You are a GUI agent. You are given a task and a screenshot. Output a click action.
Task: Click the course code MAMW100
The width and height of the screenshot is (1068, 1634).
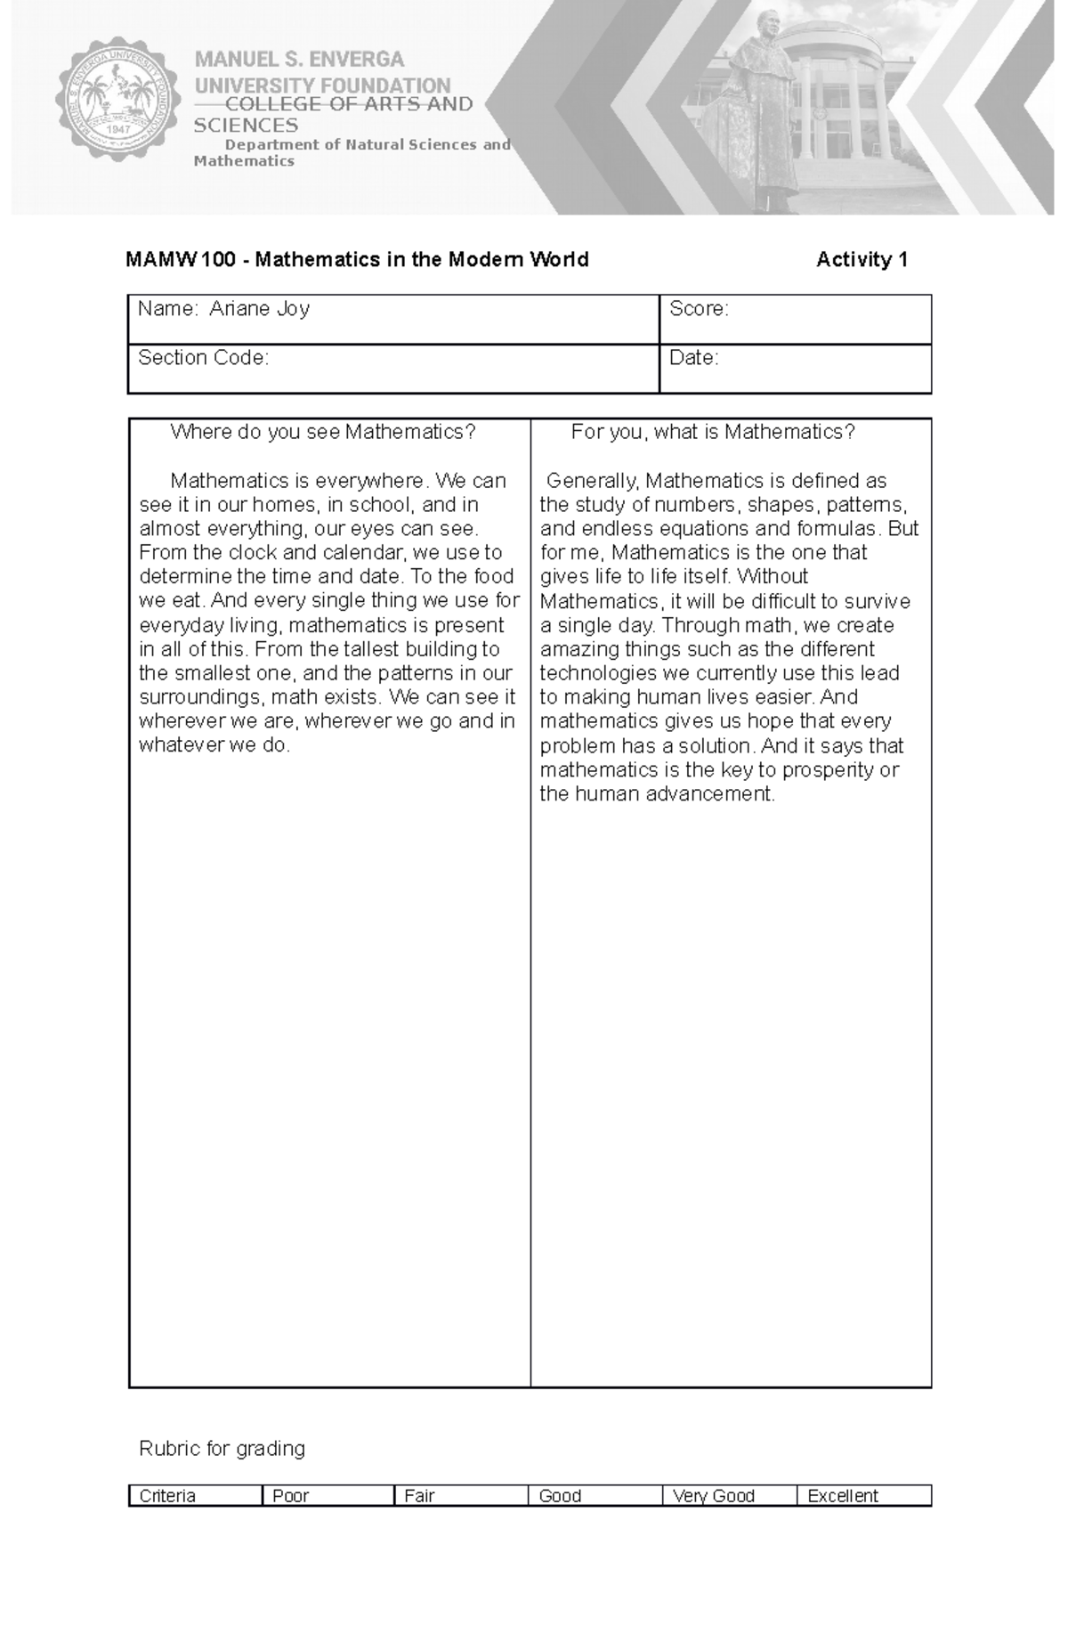tap(181, 259)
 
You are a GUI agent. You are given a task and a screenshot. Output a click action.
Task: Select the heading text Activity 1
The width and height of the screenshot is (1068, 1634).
tap(862, 259)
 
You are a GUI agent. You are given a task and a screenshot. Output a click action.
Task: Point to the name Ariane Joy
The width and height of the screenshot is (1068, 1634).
tap(259, 309)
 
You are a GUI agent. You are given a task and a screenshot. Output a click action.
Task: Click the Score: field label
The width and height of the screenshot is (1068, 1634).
tap(699, 309)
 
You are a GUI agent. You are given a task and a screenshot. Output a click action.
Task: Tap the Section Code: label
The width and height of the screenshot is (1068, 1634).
tap(203, 358)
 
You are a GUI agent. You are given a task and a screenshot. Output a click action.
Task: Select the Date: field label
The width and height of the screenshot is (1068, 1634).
tap(693, 358)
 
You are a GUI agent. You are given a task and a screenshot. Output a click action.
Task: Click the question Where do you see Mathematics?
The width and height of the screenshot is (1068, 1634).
tap(323, 432)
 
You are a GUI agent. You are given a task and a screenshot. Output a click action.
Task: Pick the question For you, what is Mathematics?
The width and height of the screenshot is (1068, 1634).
tap(713, 432)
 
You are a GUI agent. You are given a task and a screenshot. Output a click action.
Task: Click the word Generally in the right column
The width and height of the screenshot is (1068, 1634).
tap(592, 481)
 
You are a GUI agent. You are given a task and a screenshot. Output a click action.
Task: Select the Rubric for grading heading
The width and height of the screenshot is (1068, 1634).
tap(222, 1449)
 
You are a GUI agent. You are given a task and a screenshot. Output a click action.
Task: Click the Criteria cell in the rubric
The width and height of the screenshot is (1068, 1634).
tap(167, 1496)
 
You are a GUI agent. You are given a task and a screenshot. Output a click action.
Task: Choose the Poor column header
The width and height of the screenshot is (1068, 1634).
tap(290, 1496)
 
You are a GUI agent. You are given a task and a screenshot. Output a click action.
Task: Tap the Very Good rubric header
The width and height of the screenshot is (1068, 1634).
tap(714, 1496)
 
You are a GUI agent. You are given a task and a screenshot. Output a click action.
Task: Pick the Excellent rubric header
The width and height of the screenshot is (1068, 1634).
tap(842, 1496)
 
